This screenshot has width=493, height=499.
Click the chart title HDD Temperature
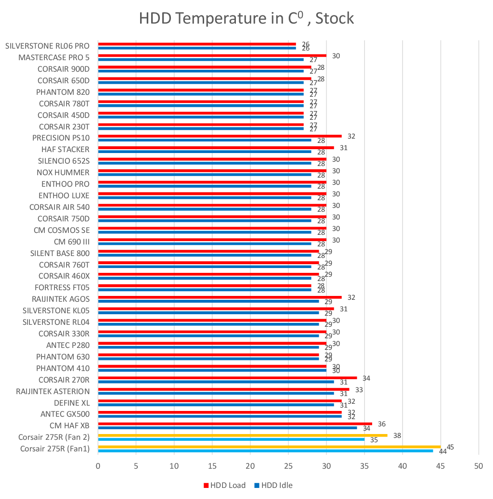coord(246,18)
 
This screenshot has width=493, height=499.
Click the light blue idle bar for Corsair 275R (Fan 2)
coord(231,439)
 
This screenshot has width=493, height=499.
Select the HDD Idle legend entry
coord(273,485)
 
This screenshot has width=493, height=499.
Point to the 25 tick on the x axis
coord(288,466)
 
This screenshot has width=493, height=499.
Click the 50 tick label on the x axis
coord(478,466)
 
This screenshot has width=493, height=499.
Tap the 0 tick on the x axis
coord(98,466)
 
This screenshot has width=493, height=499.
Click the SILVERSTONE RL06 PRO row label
coord(47,46)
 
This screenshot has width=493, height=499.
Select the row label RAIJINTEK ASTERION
coord(52,391)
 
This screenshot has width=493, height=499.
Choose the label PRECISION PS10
coord(61,138)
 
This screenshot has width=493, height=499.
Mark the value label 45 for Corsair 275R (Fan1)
coord(450,447)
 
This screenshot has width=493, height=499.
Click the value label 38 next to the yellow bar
coord(397,435)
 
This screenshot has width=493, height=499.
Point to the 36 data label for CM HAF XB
coord(382,424)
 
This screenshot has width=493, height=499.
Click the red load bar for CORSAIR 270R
coord(227,378)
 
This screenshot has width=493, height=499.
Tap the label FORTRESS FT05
coord(62,287)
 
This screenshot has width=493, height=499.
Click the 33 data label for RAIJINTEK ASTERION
coord(359,389)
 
